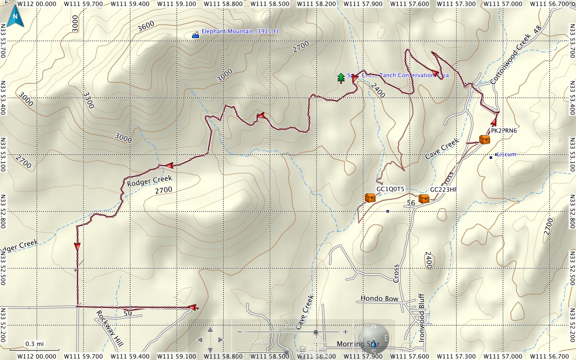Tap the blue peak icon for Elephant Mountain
coord(195,35)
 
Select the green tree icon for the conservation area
coord(341,77)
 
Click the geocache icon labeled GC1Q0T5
coord(370,198)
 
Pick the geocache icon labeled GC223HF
coord(423,199)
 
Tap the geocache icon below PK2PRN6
coord(485,140)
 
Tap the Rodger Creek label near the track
coord(150,180)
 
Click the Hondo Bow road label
coord(379,298)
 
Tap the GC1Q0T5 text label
coord(390,189)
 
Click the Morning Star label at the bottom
coord(357,343)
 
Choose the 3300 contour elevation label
coord(88,101)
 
